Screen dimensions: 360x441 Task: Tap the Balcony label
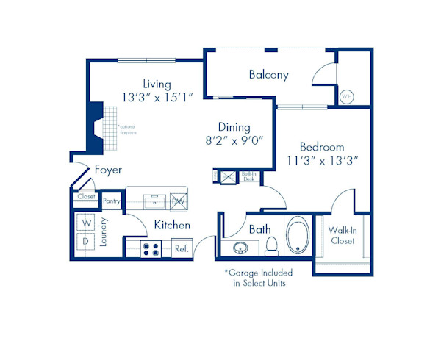click(x=268, y=75)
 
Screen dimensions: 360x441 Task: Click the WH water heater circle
click(x=347, y=96)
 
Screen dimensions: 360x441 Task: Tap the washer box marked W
click(x=86, y=223)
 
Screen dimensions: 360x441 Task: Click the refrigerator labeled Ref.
click(x=181, y=249)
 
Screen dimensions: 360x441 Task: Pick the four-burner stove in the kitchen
click(x=151, y=249)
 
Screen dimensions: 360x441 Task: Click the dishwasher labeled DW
click(x=177, y=200)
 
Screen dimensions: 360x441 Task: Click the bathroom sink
click(x=241, y=248)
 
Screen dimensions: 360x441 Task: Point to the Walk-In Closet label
click(x=342, y=234)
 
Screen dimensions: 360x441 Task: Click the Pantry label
click(x=112, y=201)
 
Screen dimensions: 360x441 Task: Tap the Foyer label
click(x=108, y=170)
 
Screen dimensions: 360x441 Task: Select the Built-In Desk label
click(x=247, y=176)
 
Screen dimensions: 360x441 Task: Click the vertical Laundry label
click(x=104, y=231)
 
